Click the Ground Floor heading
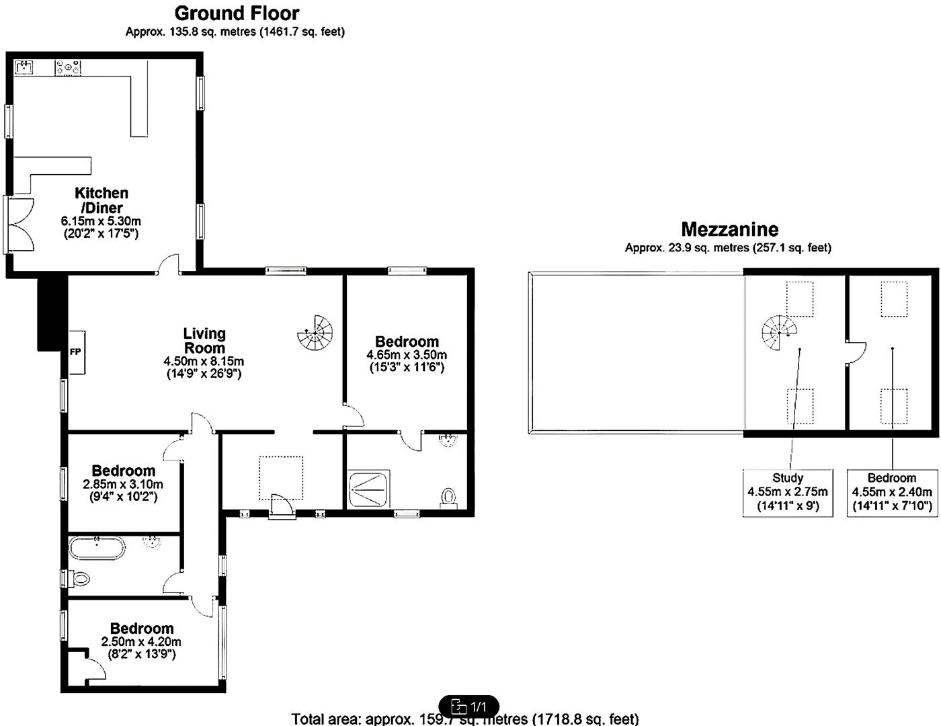[237, 13]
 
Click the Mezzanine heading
[729, 229]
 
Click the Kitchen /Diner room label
[101, 200]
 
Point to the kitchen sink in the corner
[26, 67]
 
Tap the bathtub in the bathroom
[97, 548]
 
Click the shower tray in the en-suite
[367, 490]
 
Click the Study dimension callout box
[788, 492]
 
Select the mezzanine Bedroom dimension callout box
[892, 492]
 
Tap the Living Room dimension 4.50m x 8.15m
[204, 362]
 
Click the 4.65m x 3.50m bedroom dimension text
[407, 355]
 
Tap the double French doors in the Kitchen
[19, 225]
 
